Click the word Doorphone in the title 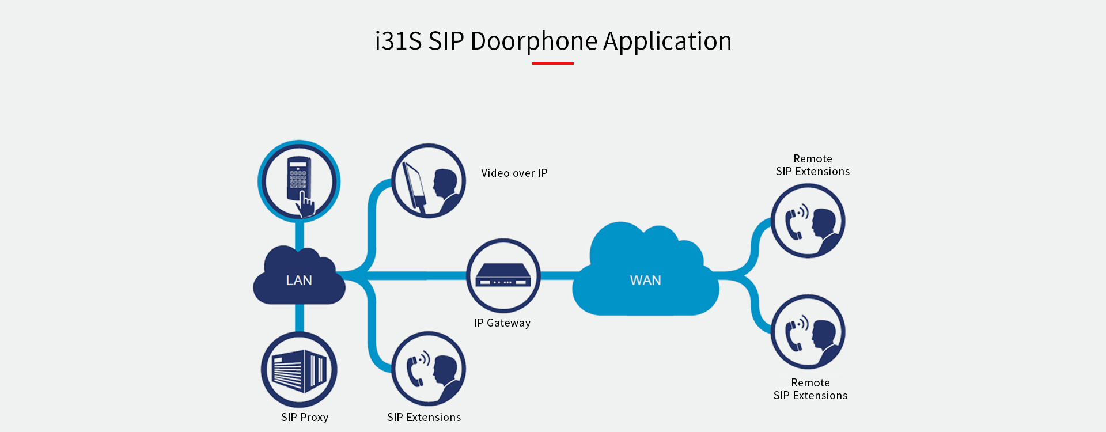pos(534,41)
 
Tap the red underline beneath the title pos(552,63)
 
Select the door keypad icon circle pos(298,181)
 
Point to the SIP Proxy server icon pos(299,369)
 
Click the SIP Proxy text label pos(304,417)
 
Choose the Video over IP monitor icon pos(429,180)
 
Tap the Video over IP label pos(514,173)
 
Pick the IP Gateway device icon pos(503,276)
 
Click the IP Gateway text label pos(502,323)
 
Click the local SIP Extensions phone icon pos(429,369)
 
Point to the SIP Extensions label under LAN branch pos(423,417)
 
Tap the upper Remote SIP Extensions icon pos(808,221)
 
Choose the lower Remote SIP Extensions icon pos(808,332)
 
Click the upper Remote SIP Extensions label pos(812,165)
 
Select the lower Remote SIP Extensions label pos(810,389)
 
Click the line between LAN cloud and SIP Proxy pos(300,318)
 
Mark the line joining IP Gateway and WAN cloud pos(556,276)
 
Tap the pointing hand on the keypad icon pos(306,205)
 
